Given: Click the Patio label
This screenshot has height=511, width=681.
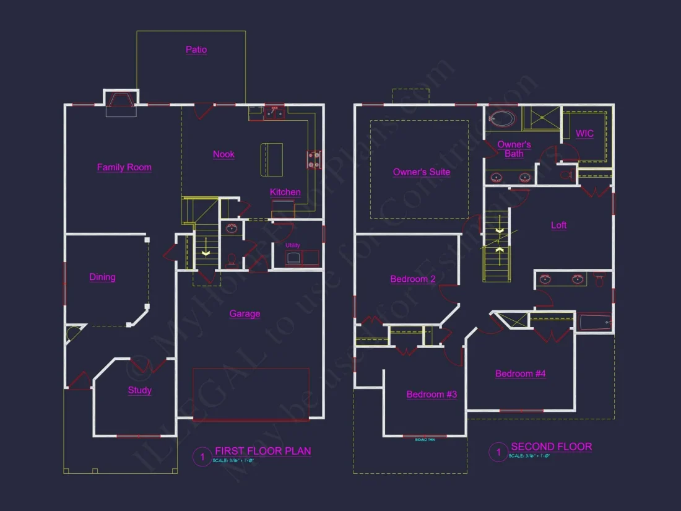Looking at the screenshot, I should pyautogui.click(x=196, y=50).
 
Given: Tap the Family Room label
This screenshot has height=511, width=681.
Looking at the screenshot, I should pyautogui.click(x=124, y=167).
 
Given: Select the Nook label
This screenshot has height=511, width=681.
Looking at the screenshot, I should pyautogui.click(x=223, y=154).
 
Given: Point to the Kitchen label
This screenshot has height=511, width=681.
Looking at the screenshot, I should pyautogui.click(x=285, y=192).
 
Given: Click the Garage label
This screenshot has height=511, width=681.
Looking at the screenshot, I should pyautogui.click(x=245, y=313).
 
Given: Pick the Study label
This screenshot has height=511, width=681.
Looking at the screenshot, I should pyautogui.click(x=140, y=390).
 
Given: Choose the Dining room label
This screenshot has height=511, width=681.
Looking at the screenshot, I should pyautogui.click(x=102, y=277).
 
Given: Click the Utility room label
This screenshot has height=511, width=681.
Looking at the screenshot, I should pyautogui.click(x=293, y=245).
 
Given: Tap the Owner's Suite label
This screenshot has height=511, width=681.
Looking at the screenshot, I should pyautogui.click(x=422, y=172).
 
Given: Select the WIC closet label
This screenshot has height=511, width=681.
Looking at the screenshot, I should pyautogui.click(x=584, y=133).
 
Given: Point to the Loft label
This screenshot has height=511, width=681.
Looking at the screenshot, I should pyautogui.click(x=558, y=225).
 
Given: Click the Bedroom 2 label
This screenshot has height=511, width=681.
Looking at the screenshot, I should pyautogui.click(x=412, y=279).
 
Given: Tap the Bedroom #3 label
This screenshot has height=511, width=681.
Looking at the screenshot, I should pyautogui.click(x=432, y=394).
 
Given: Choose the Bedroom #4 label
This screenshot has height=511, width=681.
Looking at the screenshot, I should pyautogui.click(x=520, y=373).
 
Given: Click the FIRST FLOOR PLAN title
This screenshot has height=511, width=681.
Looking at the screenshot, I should pyautogui.click(x=262, y=451).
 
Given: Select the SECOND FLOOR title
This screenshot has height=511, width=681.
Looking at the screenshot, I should pyautogui.click(x=551, y=447).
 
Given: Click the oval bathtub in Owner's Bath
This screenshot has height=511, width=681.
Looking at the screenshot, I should pyautogui.click(x=503, y=118).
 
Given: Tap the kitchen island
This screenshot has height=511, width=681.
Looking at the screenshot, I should pyautogui.click(x=271, y=159).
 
